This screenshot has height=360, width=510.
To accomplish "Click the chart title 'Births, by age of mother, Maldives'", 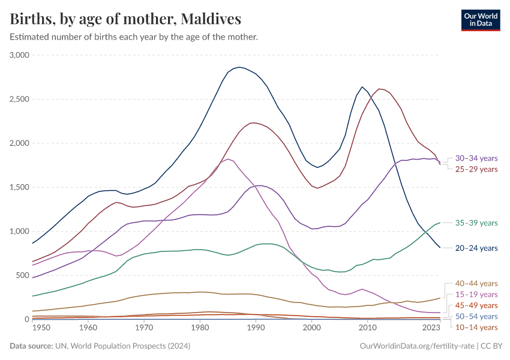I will coord(125,19).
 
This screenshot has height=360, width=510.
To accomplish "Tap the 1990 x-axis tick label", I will coord(256,328).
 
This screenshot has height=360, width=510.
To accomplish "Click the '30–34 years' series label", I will coord(476,158).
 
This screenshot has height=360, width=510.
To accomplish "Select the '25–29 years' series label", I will coord(476,169).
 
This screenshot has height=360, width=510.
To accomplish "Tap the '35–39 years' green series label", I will coord(476,223).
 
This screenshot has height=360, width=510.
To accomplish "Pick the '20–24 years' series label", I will coord(476,248).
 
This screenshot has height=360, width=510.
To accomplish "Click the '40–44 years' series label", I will coord(476,284).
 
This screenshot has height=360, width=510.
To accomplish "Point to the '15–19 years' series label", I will coord(476,295).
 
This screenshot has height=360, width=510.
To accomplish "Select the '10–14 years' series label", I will coord(476,327).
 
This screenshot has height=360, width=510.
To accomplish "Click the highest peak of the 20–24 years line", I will coord(239,67).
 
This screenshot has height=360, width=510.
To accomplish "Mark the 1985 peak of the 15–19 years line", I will coord(228,159).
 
